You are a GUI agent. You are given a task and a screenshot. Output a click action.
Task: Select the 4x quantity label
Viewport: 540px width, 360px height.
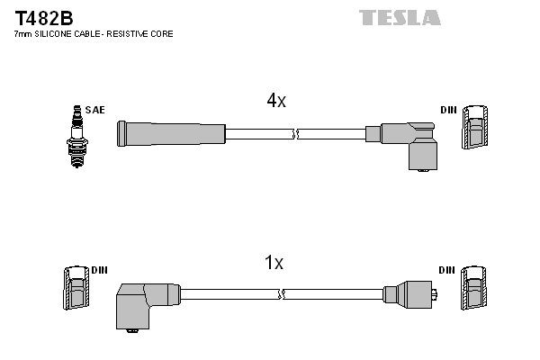275,102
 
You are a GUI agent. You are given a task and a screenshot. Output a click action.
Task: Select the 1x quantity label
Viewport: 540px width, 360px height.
274,263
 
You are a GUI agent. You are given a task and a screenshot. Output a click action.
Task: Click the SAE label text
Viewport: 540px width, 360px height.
95,110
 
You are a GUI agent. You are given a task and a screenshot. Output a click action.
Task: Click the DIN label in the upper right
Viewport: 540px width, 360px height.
448,110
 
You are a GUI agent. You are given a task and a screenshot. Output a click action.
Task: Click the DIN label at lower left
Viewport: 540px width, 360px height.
100,270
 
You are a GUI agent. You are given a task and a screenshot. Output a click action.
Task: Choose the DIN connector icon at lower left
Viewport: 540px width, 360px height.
75,291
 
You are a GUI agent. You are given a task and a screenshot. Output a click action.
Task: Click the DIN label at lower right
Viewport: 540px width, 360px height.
446,270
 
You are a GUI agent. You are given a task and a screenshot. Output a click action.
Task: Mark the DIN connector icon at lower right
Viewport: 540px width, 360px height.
475,291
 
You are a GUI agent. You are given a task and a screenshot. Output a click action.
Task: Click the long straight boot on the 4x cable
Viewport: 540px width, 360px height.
170,134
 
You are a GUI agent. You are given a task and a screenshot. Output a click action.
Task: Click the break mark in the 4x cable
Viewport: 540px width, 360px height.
295,134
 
